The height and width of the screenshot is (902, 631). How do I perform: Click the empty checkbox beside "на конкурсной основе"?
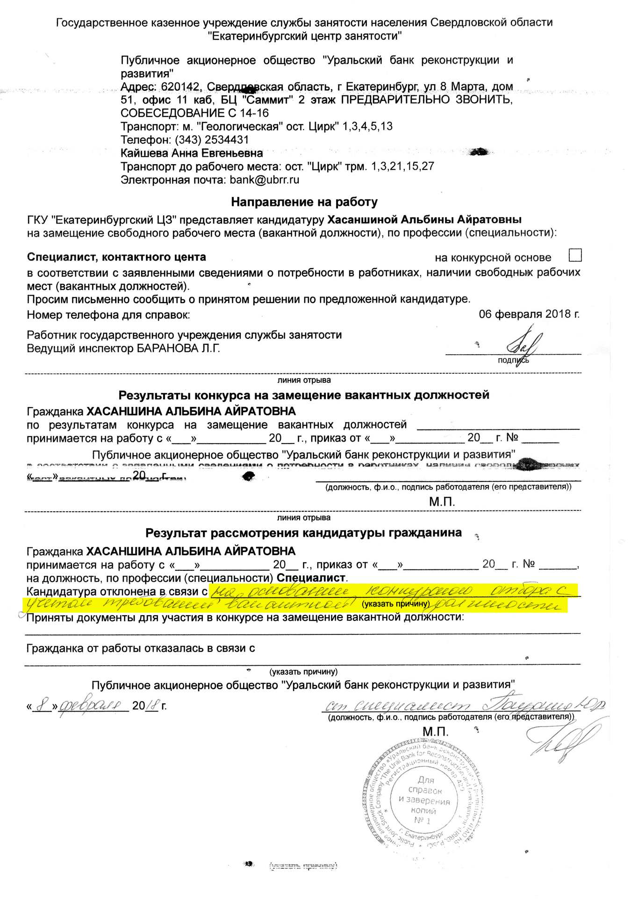point(575,255)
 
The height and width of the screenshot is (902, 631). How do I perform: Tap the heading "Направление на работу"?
point(304,202)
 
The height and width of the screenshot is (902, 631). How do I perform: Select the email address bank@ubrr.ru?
point(265,180)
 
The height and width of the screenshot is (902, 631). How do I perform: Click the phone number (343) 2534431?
point(212,140)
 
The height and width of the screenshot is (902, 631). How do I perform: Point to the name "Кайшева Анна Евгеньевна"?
point(192,153)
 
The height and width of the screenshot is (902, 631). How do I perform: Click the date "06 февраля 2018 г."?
point(529,314)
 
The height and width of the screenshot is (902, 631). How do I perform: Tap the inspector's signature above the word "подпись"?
point(522,345)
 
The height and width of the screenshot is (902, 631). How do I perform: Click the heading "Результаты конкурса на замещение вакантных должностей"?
point(304,395)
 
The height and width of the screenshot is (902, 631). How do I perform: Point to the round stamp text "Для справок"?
point(425,786)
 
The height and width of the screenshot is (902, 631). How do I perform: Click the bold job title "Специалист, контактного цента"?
point(116,257)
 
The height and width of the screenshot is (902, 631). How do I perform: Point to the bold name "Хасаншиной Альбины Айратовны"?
point(424,219)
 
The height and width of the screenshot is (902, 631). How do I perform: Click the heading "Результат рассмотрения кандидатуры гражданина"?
point(304,533)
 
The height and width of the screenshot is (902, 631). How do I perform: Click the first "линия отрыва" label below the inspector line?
point(304,380)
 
